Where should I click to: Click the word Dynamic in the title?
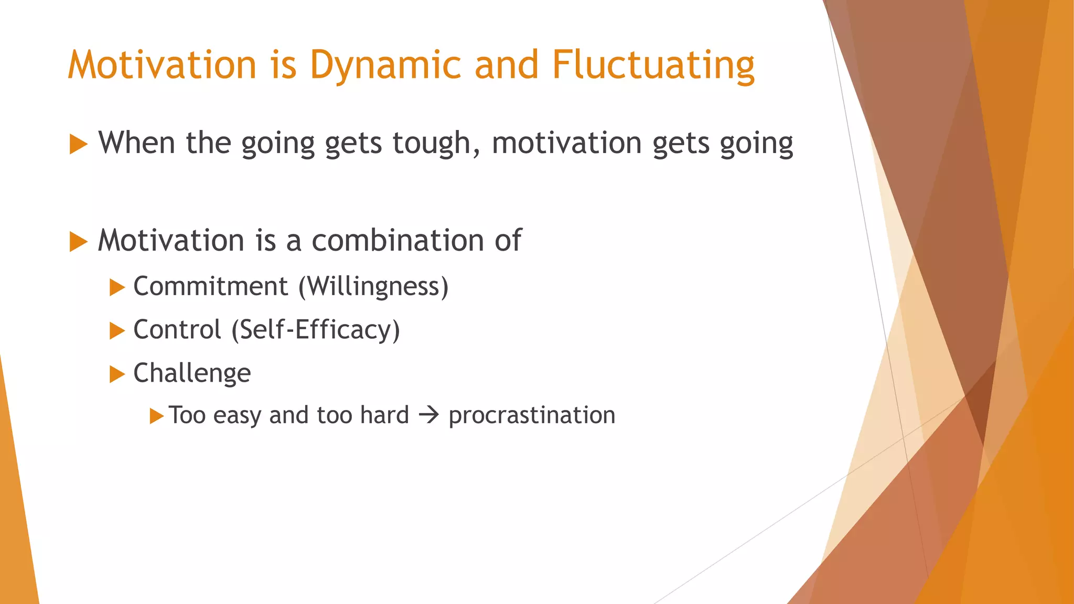click(385, 66)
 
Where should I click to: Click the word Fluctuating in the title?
click(653, 66)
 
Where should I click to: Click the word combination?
click(398, 241)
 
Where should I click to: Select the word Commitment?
click(210, 286)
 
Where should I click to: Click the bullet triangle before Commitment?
click(116, 287)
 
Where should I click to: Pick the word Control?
click(177, 330)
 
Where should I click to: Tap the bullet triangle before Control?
click(116, 331)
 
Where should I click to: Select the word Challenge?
click(192, 373)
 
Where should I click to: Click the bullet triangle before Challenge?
click(116, 374)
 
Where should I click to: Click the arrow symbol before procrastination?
click(428, 416)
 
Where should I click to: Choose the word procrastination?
click(531, 415)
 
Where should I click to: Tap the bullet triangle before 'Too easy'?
click(156, 416)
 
